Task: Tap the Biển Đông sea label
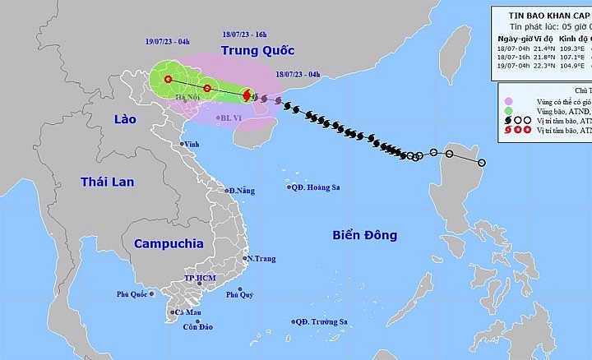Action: [x=364, y=235]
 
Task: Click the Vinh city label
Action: [x=192, y=145]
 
